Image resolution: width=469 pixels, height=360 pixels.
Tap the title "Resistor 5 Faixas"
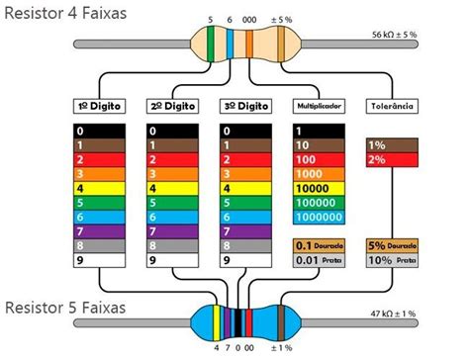65,307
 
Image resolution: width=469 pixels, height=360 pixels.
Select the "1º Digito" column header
99,106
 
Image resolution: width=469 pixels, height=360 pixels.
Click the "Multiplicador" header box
318,106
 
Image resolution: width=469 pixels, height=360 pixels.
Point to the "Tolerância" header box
389,106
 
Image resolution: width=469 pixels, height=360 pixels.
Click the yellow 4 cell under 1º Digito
99,188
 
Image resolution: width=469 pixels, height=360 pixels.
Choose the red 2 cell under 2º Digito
171,159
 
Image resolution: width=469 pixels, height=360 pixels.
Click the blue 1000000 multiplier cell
318,217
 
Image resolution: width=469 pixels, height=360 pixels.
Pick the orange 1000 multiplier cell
318,173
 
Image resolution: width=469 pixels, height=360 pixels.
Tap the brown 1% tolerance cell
389,144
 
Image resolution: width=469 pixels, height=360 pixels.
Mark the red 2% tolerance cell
389,159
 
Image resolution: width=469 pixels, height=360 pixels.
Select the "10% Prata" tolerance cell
389,261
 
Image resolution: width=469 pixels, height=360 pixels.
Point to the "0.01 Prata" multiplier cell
318,261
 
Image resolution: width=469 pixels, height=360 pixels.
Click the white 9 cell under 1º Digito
99,261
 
